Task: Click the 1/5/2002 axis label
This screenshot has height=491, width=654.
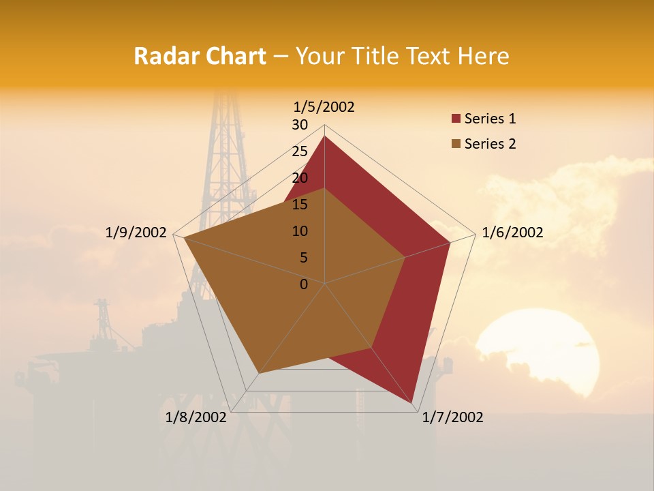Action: pyautogui.click(x=324, y=106)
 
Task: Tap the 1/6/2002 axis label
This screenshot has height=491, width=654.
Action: pyautogui.click(x=512, y=233)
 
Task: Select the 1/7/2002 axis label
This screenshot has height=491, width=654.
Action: pyautogui.click(x=452, y=417)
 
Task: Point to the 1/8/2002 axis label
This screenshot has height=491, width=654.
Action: pyautogui.click(x=196, y=417)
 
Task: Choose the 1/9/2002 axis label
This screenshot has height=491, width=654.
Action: pyautogui.click(x=136, y=233)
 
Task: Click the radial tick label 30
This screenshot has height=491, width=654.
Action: pyautogui.click(x=300, y=125)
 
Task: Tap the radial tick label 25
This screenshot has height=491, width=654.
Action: pyautogui.click(x=300, y=151)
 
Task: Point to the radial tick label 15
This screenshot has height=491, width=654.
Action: pyautogui.click(x=300, y=205)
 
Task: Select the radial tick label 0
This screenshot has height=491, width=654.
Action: pyautogui.click(x=304, y=284)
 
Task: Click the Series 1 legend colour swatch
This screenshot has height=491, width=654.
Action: pyautogui.click(x=456, y=119)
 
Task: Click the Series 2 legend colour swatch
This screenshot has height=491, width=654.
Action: pyautogui.click(x=456, y=144)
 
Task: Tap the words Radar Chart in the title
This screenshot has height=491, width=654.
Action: pyautogui.click(x=200, y=56)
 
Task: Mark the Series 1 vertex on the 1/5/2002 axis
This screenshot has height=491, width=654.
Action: pyautogui.click(x=324, y=136)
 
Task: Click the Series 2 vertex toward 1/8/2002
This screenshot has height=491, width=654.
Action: pyautogui.click(x=258, y=374)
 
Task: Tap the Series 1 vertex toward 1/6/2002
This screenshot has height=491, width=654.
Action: pyautogui.click(x=450, y=242)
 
